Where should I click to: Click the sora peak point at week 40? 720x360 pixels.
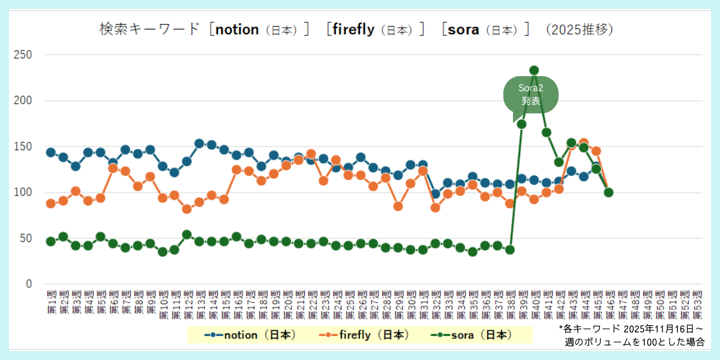pos(534,70)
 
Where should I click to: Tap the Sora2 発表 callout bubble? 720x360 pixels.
pos(531,95)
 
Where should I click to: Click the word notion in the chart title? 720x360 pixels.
pos(237,29)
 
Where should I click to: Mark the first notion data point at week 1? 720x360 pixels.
pos(50,152)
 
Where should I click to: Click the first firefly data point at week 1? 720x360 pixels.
pos(50,203)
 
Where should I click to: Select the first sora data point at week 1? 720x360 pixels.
pos(50,241)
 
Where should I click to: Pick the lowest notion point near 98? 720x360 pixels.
pos(436,194)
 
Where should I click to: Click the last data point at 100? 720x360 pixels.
pos(608,193)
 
